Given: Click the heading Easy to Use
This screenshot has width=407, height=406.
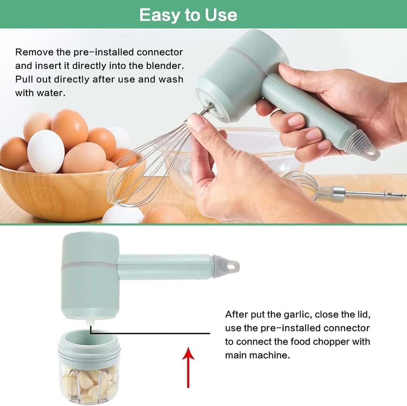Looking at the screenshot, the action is [x=188, y=15].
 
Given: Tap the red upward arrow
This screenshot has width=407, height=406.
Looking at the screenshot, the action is [x=188, y=367].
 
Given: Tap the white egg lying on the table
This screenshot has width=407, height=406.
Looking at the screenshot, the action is [x=122, y=214].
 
